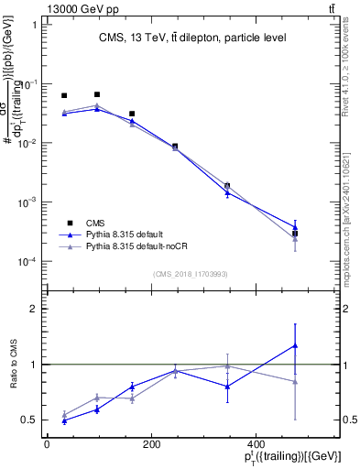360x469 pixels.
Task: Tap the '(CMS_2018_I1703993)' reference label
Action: [191, 273]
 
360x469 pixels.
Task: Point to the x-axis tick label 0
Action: [47, 444]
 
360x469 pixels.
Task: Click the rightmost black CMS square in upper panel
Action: [295, 234]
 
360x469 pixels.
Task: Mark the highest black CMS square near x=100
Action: [97, 94]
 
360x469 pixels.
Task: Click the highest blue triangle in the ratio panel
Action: [295, 345]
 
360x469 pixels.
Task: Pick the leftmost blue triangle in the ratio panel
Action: [64, 420]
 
